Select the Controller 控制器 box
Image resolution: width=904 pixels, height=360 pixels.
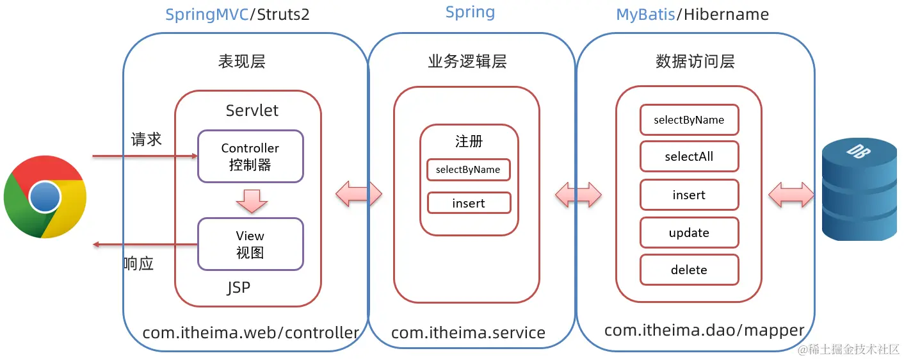(250, 156)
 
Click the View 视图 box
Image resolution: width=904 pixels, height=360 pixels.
(250, 244)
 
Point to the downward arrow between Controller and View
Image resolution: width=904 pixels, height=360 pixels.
(251, 200)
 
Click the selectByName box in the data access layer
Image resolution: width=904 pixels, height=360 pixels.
(689, 120)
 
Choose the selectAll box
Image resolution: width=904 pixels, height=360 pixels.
(689, 157)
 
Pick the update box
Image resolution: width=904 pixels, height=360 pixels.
(689, 233)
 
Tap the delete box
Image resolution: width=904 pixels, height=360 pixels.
(689, 270)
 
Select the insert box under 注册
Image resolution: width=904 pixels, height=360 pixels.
(469, 203)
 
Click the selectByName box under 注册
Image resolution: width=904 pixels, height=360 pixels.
(469, 170)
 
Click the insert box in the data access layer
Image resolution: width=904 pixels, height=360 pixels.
(689, 195)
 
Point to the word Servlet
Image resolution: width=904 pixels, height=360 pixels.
(252, 110)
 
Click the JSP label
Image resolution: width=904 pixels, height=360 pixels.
(238, 288)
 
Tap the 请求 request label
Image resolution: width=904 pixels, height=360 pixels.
(147, 140)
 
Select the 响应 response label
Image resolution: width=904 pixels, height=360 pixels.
(139, 263)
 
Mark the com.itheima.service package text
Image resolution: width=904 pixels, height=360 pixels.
(468, 333)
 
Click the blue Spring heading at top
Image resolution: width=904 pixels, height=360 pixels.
(470, 12)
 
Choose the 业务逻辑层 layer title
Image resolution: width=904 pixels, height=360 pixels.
(467, 61)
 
